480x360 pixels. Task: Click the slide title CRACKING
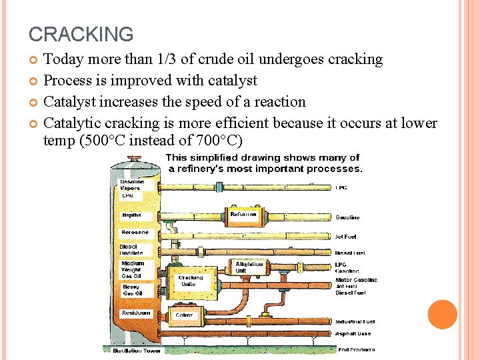pyautogui.click(x=81, y=34)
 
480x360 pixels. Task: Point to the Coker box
pyautogui.click(x=184, y=315)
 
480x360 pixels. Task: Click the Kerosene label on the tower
pyautogui.click(x=135, y=232)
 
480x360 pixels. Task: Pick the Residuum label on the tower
pyautogui.click(x=136, y=313)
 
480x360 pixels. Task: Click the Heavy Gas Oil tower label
pyautogui.click(x=131, y=290)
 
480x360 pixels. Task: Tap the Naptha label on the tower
pyautogui.click(x=131, y=215)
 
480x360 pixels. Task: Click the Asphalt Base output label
pyautogui.click(x=353, y=334)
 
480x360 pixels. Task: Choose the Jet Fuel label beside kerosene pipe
pyautogui.click(x=347, y=237)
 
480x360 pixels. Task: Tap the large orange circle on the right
pyautogui.click(x=442, y=315)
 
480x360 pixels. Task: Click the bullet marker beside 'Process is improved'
pyautogui.click(x=34, y=81)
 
